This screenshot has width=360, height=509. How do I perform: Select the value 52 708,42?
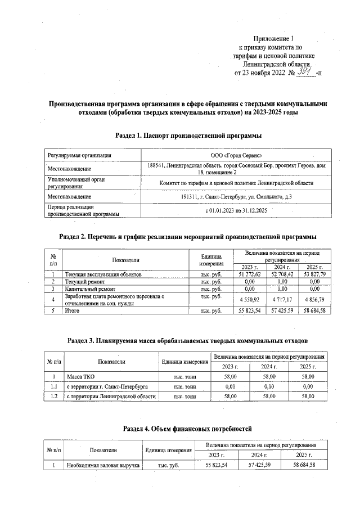tap(282, 274)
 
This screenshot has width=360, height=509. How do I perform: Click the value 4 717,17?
tap(282, 299)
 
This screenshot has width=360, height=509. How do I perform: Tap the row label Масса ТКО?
tap(80, 377)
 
